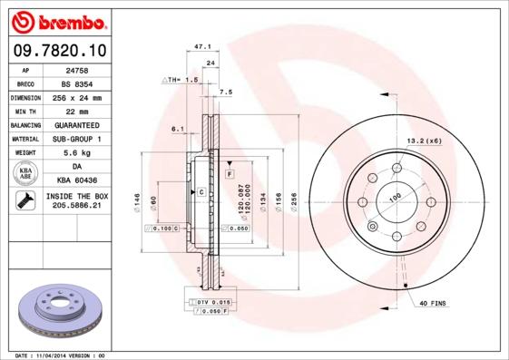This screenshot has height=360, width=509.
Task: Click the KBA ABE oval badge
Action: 26,174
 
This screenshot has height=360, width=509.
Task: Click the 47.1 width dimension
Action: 203,46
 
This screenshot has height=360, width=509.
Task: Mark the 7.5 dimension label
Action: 226,92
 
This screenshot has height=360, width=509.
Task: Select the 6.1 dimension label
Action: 178,130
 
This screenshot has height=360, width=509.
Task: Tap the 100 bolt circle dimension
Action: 396,198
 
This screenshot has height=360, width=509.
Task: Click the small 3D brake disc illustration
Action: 61,308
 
